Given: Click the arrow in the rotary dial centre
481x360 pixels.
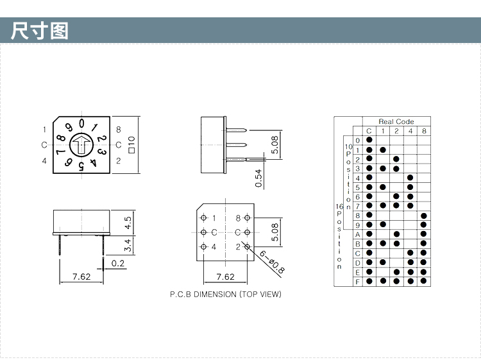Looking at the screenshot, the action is pos(81,144).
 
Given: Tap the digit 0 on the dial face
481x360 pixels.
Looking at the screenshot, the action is pos(81,123).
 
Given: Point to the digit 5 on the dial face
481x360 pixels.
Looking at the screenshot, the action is pos(81,166).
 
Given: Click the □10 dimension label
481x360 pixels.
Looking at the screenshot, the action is pos(131,144).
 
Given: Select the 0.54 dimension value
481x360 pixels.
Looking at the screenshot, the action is pos(258,178).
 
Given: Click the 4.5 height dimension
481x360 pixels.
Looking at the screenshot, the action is pos(128,223).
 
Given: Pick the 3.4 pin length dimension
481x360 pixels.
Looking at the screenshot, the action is pos(128,244).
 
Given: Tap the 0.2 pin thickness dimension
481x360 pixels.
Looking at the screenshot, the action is pos(118,263).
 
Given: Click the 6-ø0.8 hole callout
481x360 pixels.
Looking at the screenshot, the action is pos(272,262).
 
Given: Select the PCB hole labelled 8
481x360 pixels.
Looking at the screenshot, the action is pos(248,218).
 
